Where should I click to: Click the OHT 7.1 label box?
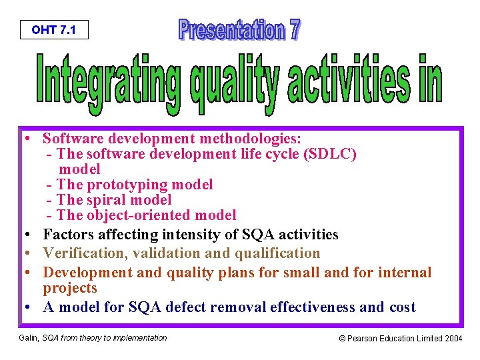[53, 30]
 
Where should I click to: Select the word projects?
[70, 288]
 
